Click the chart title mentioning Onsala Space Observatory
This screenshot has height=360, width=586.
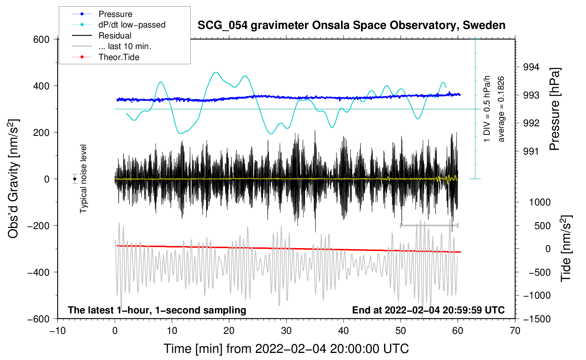[351, 25]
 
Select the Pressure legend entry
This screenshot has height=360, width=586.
[115, 14]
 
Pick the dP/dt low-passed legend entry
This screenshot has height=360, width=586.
[132, 25]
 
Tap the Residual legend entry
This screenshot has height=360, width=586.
[115, 36]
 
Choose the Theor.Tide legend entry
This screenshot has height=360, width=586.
[119, 57]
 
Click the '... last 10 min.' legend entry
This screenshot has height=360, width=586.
[125, 46]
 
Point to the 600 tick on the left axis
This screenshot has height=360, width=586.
[41, 40]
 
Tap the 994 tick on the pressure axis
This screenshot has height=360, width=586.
[531, 67]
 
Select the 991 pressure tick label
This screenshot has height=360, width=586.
[531, 151]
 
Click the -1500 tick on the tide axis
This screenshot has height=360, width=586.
[537, 319]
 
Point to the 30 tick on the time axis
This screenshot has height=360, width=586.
[286, 331]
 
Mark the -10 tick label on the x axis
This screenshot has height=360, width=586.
[58, 331]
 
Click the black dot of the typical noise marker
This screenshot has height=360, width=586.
[75, 179]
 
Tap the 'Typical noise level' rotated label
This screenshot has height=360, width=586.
[83, 179]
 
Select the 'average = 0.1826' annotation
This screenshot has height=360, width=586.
[501, 109]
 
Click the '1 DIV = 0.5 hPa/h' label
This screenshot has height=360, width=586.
[487, 109]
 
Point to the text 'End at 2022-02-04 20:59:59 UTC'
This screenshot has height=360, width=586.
[428, 310]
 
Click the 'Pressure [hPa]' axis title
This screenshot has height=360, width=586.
[555, 109]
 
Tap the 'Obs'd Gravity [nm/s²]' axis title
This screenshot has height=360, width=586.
[13, 179]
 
